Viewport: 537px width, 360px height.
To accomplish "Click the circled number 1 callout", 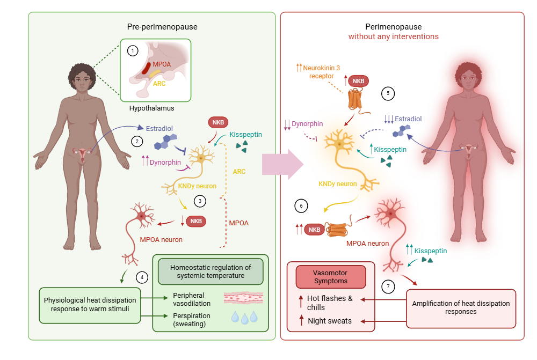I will coord(132,51).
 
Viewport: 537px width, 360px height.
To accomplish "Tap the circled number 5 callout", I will coord(388,93).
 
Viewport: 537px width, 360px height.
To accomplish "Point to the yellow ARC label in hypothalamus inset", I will coord(159,84).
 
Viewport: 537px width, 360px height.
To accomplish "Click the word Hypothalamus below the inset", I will coord(151,108).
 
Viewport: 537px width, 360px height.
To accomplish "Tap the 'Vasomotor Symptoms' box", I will coord(331,277).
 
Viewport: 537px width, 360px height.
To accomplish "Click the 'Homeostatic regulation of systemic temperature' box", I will coord(210,271).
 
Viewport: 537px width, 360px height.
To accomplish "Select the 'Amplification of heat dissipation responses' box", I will coord(461,307).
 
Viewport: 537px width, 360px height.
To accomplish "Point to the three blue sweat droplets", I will coord(244,318).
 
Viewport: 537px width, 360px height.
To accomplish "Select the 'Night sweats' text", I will coord(330,321).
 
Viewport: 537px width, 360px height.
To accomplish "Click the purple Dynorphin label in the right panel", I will coord(307,124).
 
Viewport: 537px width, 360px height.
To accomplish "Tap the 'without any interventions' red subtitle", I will coord(393,36).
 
